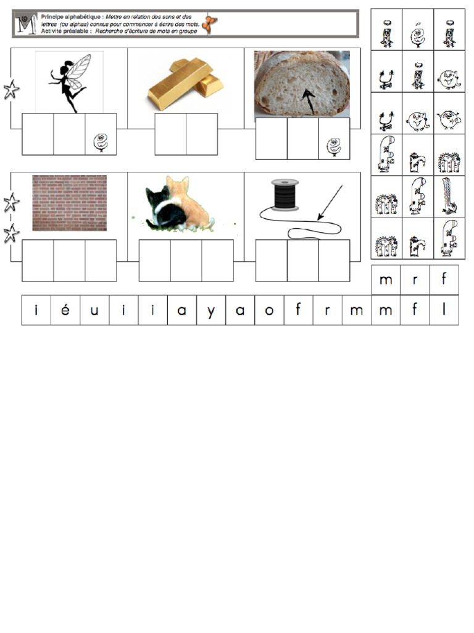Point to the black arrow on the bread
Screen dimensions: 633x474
pyautogui.click(x=308, y=99)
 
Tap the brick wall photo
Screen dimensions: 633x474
pyautogui.click(x=69, y=203)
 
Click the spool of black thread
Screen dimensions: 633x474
pyautogui.click(x=286, y=194)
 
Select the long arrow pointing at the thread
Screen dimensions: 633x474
pyautogui.click(x=330, y=202)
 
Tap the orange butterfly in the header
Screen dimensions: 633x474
pyautogui.click(x=212, y=24)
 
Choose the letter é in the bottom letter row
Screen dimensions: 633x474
pyautogui.click(x=65, y=310)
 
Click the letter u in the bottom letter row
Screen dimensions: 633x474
pyautogui.click(x=94, y=310)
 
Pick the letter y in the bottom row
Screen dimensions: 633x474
pyautogui.click(x=211, y=310)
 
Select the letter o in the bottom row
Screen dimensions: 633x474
pyautogui.click(x=269, y=310)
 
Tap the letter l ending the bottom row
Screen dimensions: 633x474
pyautogui.click(x=444, y=310)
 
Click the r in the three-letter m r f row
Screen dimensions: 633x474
pyautogui.click(x=415, y=280)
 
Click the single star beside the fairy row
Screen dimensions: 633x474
pyautogui.click(x=11, y=90)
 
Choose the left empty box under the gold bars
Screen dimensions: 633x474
pyautogui.click(x=170, y=134)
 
